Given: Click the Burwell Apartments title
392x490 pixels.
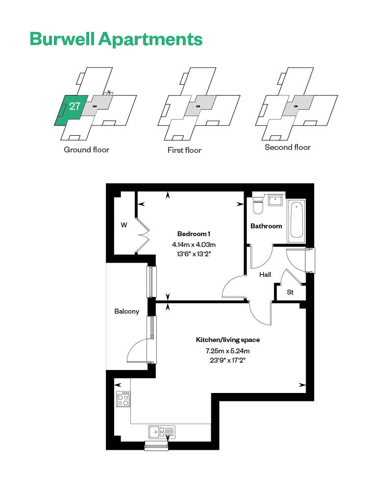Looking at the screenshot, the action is point(116,40).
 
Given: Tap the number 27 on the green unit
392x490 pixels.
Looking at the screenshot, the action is point(74,106).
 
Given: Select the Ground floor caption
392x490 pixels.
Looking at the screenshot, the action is point(87,149).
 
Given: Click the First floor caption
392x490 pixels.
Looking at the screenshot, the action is point(184,150).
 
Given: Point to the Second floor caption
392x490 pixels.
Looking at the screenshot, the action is point(288,147).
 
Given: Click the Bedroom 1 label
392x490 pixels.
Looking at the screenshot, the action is point(194,234).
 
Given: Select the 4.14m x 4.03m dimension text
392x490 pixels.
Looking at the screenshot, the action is point(194,245).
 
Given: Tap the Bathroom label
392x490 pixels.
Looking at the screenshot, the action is point(266,226).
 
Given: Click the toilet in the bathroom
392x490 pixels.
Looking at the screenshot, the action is point(258,205).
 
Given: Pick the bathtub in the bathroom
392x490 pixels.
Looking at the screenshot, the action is point(296,220).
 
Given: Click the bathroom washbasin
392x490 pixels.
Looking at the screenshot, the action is point(275,200).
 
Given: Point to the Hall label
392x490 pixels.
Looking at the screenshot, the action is point(265,275).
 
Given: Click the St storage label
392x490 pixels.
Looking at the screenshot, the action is point(290,292).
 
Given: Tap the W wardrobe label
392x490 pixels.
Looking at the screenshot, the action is point(124,225).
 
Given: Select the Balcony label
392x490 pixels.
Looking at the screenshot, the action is point(126,311).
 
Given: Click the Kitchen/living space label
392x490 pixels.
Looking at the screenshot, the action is point(227,340).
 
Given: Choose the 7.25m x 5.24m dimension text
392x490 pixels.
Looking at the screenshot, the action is point(227,351).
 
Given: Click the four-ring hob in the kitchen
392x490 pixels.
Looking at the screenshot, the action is point(123,399).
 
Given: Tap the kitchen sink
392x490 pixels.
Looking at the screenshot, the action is point(162,432).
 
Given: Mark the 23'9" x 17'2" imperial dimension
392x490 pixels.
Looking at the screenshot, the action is point(227,360).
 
